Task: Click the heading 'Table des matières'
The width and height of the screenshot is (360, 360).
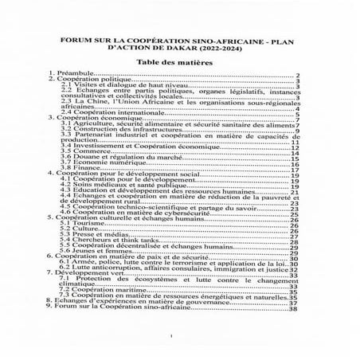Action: coord(180,61)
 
